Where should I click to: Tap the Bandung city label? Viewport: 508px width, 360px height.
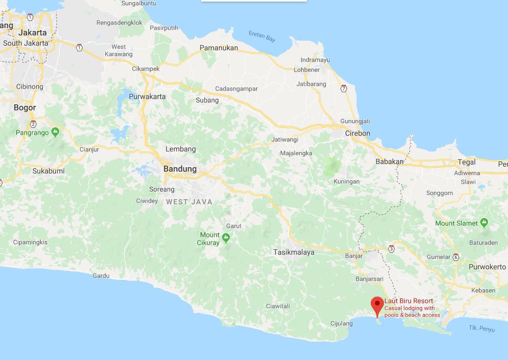[180, 169]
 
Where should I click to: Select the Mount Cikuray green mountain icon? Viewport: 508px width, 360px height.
[226, 238]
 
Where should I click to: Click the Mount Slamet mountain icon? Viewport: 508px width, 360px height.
[484, 223]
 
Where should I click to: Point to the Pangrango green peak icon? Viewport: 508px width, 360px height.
[55, 133]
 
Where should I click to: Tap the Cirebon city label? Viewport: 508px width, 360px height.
[357, 133]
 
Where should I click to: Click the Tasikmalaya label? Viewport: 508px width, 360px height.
[294, 252]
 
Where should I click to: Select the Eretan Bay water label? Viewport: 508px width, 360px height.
[262, 38]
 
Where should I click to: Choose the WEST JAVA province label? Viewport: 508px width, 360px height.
[189, 202]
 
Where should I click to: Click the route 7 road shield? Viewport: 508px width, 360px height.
[344, 88]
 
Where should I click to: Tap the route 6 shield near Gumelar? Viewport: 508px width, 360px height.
[456, 257]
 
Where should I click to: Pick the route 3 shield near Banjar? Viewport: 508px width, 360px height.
[391, 248]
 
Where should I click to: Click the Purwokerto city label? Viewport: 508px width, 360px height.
[487, 267]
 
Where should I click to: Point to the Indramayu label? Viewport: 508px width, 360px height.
[315, 60]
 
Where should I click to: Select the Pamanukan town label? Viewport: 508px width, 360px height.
[218, 48]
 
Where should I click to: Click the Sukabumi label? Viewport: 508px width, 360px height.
[48, 171]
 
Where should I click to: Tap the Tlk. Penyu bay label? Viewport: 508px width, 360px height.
[481, 329]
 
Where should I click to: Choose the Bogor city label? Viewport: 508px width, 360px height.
[25, 107]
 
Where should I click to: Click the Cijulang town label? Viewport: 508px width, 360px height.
[341, 323]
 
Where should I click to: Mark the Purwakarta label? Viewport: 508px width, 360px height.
[147, 96]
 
